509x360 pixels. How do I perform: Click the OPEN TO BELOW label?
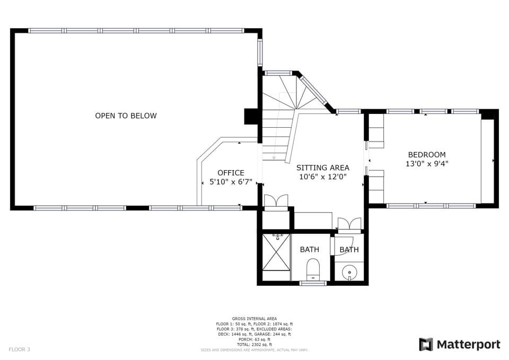click(x=126, y=116)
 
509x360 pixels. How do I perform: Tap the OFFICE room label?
click(x=231, y=173)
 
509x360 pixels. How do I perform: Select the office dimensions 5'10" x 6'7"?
click(x=231, y=182)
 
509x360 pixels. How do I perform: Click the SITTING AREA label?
click(x=322, y=168)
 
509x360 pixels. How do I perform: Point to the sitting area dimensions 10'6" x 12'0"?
click(x=322, y=177)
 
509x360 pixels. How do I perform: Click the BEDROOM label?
click(x=426, y=155)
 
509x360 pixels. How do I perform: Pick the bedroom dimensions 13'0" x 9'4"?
click(x=426, y=164)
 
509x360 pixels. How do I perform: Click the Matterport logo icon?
click(x=426, y=345)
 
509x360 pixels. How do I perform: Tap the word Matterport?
click(x=468, y=345)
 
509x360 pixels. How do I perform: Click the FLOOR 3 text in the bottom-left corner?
click(x=20, y=349)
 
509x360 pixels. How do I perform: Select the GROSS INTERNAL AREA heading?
click(x=254, y=319)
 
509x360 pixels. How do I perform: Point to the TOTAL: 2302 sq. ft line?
click(x=254, y=345)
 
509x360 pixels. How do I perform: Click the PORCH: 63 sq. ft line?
click(x=254, y=339)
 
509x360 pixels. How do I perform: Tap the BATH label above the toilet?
click(x=309, y=249)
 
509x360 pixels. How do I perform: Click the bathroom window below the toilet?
click(x=313, y=283)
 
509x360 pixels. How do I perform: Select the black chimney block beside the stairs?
click(x=250, y=117)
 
